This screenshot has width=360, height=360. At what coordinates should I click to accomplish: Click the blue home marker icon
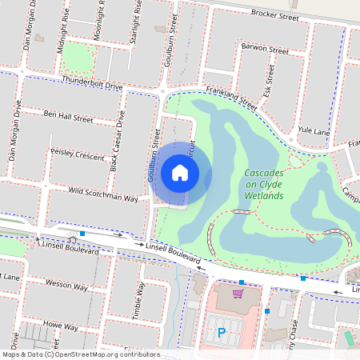coord(180,172)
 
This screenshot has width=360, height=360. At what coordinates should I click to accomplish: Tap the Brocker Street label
coord(274,15)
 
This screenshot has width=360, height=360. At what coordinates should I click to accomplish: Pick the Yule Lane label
coord(313,130)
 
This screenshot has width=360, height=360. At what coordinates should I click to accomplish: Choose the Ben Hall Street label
coord(69,118)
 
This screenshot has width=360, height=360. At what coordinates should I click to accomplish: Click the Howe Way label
coord(61,327)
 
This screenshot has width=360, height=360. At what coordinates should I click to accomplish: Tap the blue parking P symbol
coord(222,330)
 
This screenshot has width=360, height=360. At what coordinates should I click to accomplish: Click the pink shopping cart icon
coord(238,294)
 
